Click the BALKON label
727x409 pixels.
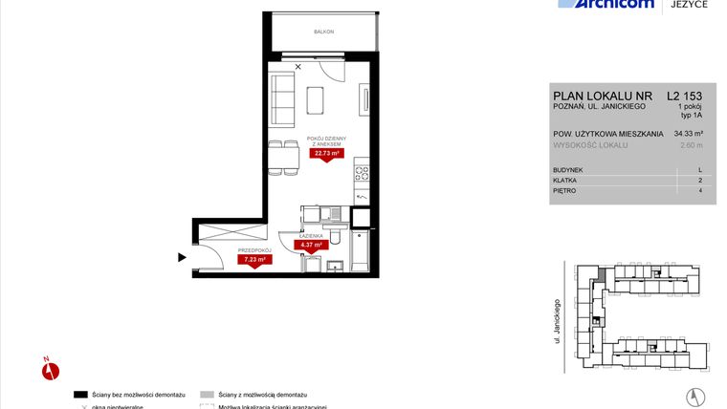(323, 32)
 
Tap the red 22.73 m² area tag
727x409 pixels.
(325, 151)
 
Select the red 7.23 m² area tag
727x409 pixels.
(253, 259)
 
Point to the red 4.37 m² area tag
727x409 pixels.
(313, 245)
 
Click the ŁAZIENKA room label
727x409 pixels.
(312, 235)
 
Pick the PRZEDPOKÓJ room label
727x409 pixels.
(253, 249)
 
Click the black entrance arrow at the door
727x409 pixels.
(181, 256)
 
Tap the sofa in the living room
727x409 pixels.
(282, 96)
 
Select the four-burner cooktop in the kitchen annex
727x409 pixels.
(363, 174)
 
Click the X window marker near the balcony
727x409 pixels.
(298, 66)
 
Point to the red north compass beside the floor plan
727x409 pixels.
(51, 369)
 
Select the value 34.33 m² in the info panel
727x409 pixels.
(688, 134)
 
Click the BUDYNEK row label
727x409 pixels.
(567, 169)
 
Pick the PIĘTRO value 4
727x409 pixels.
(700, 191)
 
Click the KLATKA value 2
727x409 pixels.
(700, 181)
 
